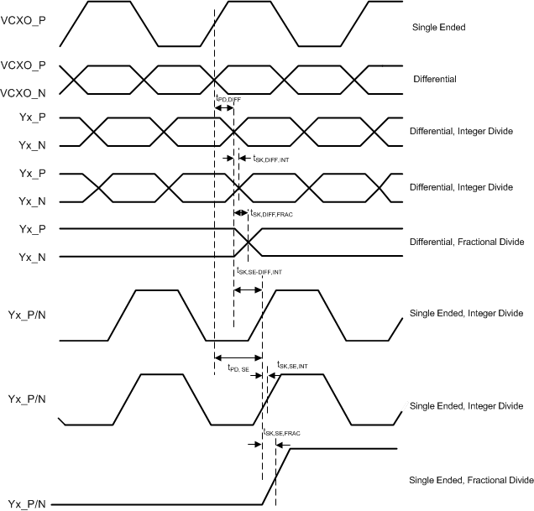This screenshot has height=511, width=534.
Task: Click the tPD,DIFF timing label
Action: (x=228, y=99)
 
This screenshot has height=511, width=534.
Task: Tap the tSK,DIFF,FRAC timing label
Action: (x=276, y=214)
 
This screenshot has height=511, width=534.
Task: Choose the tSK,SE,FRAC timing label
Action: (x=281, y=433)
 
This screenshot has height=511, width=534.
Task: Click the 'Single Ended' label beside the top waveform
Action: (x=438, y=28)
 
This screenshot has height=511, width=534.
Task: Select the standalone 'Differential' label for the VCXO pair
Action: (x=434, y=79)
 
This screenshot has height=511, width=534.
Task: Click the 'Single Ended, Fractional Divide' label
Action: (x=471, y=480)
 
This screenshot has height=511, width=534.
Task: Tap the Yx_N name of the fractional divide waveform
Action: (x=33, y=257)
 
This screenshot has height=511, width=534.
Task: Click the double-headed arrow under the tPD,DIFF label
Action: (x=223, y=109)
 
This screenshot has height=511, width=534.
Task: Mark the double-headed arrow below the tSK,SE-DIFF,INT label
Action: (x=248, y=290)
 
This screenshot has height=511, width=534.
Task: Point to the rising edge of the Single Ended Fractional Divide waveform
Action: (x=277, y=477)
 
